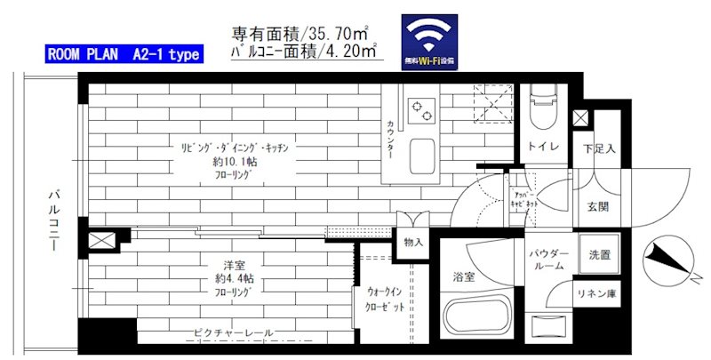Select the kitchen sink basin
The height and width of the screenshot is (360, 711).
tap(419, 156)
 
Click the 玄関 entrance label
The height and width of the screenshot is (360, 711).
tap(596, 207)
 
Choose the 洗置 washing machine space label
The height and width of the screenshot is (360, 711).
tap(600, 256)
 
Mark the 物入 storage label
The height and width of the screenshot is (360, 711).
tap(414, 242)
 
